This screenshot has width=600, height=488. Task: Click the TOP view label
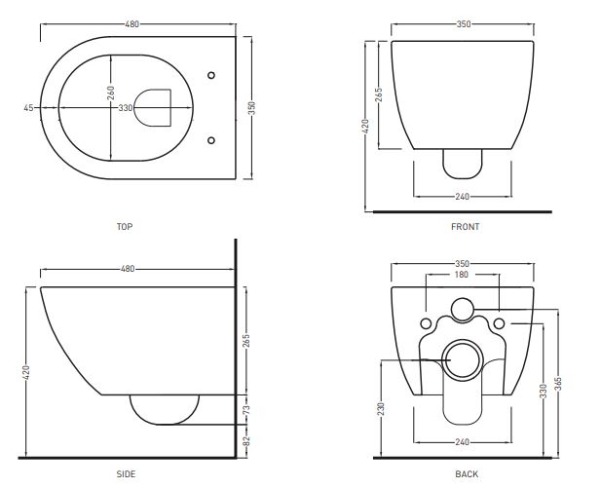pyautogui.click(x=125, y=227)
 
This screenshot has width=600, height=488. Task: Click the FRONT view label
pyautogui.click(x=466, y=227)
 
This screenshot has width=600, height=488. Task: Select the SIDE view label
pyautogui.click(x=126, y=474)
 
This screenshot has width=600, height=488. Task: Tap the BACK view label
pyautogui.click(x=467, y=474)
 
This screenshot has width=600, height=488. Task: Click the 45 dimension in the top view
pyautogui.click(x=28, y=108)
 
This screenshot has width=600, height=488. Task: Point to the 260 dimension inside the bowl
pyautogui.click(x=111, y=93)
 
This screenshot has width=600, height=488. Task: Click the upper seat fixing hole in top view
pyautogui.click(x=211, y=75)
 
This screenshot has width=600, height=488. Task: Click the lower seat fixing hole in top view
pyautogui.click(x=211, y=140)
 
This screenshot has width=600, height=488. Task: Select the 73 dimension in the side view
pyautogui.click(x=246, y=410)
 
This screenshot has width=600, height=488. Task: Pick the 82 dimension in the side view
pyautogui.click(x=246, y=441)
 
